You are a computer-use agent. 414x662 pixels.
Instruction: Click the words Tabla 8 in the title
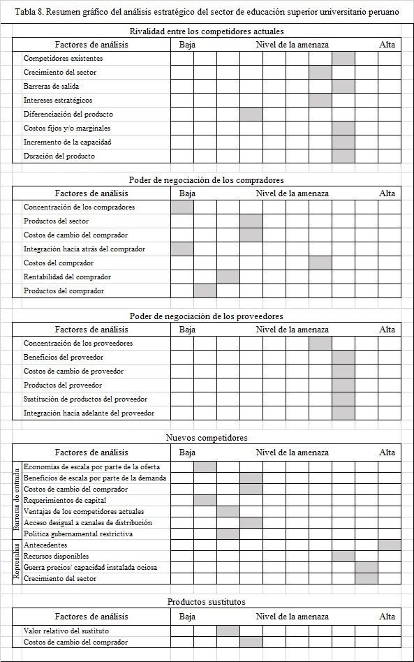tap(29, 13)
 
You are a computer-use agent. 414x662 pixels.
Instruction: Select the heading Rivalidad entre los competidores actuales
tap(207, 31)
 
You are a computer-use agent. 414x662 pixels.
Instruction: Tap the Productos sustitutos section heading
tap(207, 601)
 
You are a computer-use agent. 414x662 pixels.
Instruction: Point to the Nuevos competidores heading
tap(207, 438)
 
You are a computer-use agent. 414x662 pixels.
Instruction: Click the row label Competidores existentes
tap(63, 59)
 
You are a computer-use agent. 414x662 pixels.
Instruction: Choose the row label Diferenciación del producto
tap(68, 114)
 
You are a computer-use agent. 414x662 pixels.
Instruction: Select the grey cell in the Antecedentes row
tap(390, 545)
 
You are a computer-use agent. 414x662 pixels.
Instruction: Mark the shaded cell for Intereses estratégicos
tap(320, 100)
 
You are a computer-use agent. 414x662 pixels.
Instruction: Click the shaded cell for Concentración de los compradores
tap(182, 207)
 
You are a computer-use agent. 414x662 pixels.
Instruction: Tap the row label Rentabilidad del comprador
tap(67, 277)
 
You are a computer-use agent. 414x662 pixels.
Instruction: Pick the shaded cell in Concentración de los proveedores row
tap(320, 343)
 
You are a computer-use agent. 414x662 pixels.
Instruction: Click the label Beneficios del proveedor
tap(64, 357)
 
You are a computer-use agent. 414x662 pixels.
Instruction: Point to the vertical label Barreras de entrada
tap(17, 500)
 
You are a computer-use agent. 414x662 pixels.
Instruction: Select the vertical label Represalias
tap(17, 561)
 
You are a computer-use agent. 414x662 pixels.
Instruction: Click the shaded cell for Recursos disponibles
tap(343, 556)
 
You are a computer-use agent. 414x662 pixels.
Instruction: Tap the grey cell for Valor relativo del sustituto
tap(228, 631)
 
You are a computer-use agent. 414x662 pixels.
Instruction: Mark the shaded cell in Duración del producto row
tap(343, 156)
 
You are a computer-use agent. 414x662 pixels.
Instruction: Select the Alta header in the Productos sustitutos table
tap(387, 617)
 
